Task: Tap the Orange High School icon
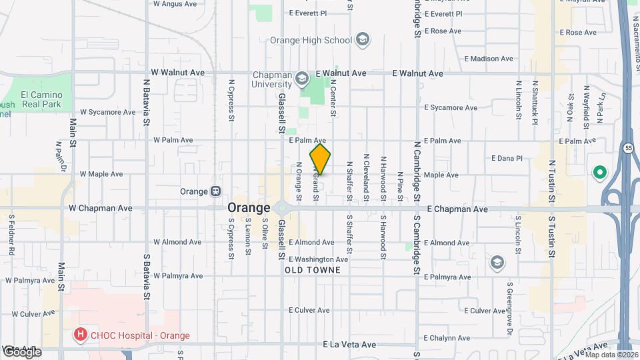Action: [x=362, y=40]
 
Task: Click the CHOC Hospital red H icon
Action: [x=80, y=335]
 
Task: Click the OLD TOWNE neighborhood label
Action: [x=313, y=270]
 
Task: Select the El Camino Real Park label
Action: [x=41, y=99]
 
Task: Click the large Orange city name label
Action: [x=249, y=207]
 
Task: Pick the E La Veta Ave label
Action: [x=349, y=345]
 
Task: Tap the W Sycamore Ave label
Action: [x=107, y=112]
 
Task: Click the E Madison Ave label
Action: [x=489, y=59]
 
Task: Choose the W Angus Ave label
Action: [x=175, y=3]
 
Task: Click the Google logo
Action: [x=21, y=351]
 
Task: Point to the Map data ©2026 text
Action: [x=611, y=354]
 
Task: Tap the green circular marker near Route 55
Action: [x=599, y=173]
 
